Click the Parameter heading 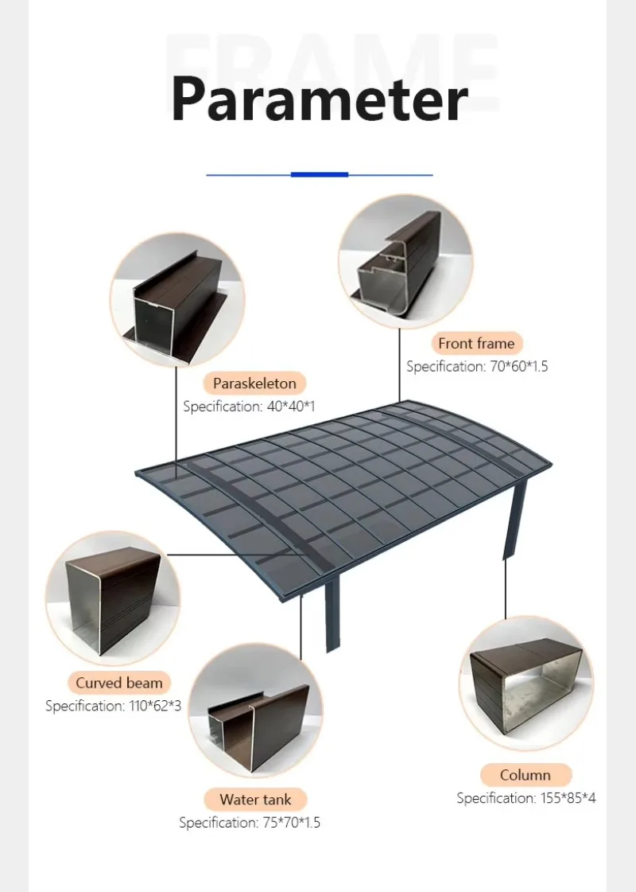319,99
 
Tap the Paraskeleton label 254,384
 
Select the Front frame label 476,344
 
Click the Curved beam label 119,683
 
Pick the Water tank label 255,800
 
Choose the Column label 525,775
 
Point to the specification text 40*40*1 249,407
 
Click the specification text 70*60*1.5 477,367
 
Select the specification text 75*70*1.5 249,823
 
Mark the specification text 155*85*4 525,798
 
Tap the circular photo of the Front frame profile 405,263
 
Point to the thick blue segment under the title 320,174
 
